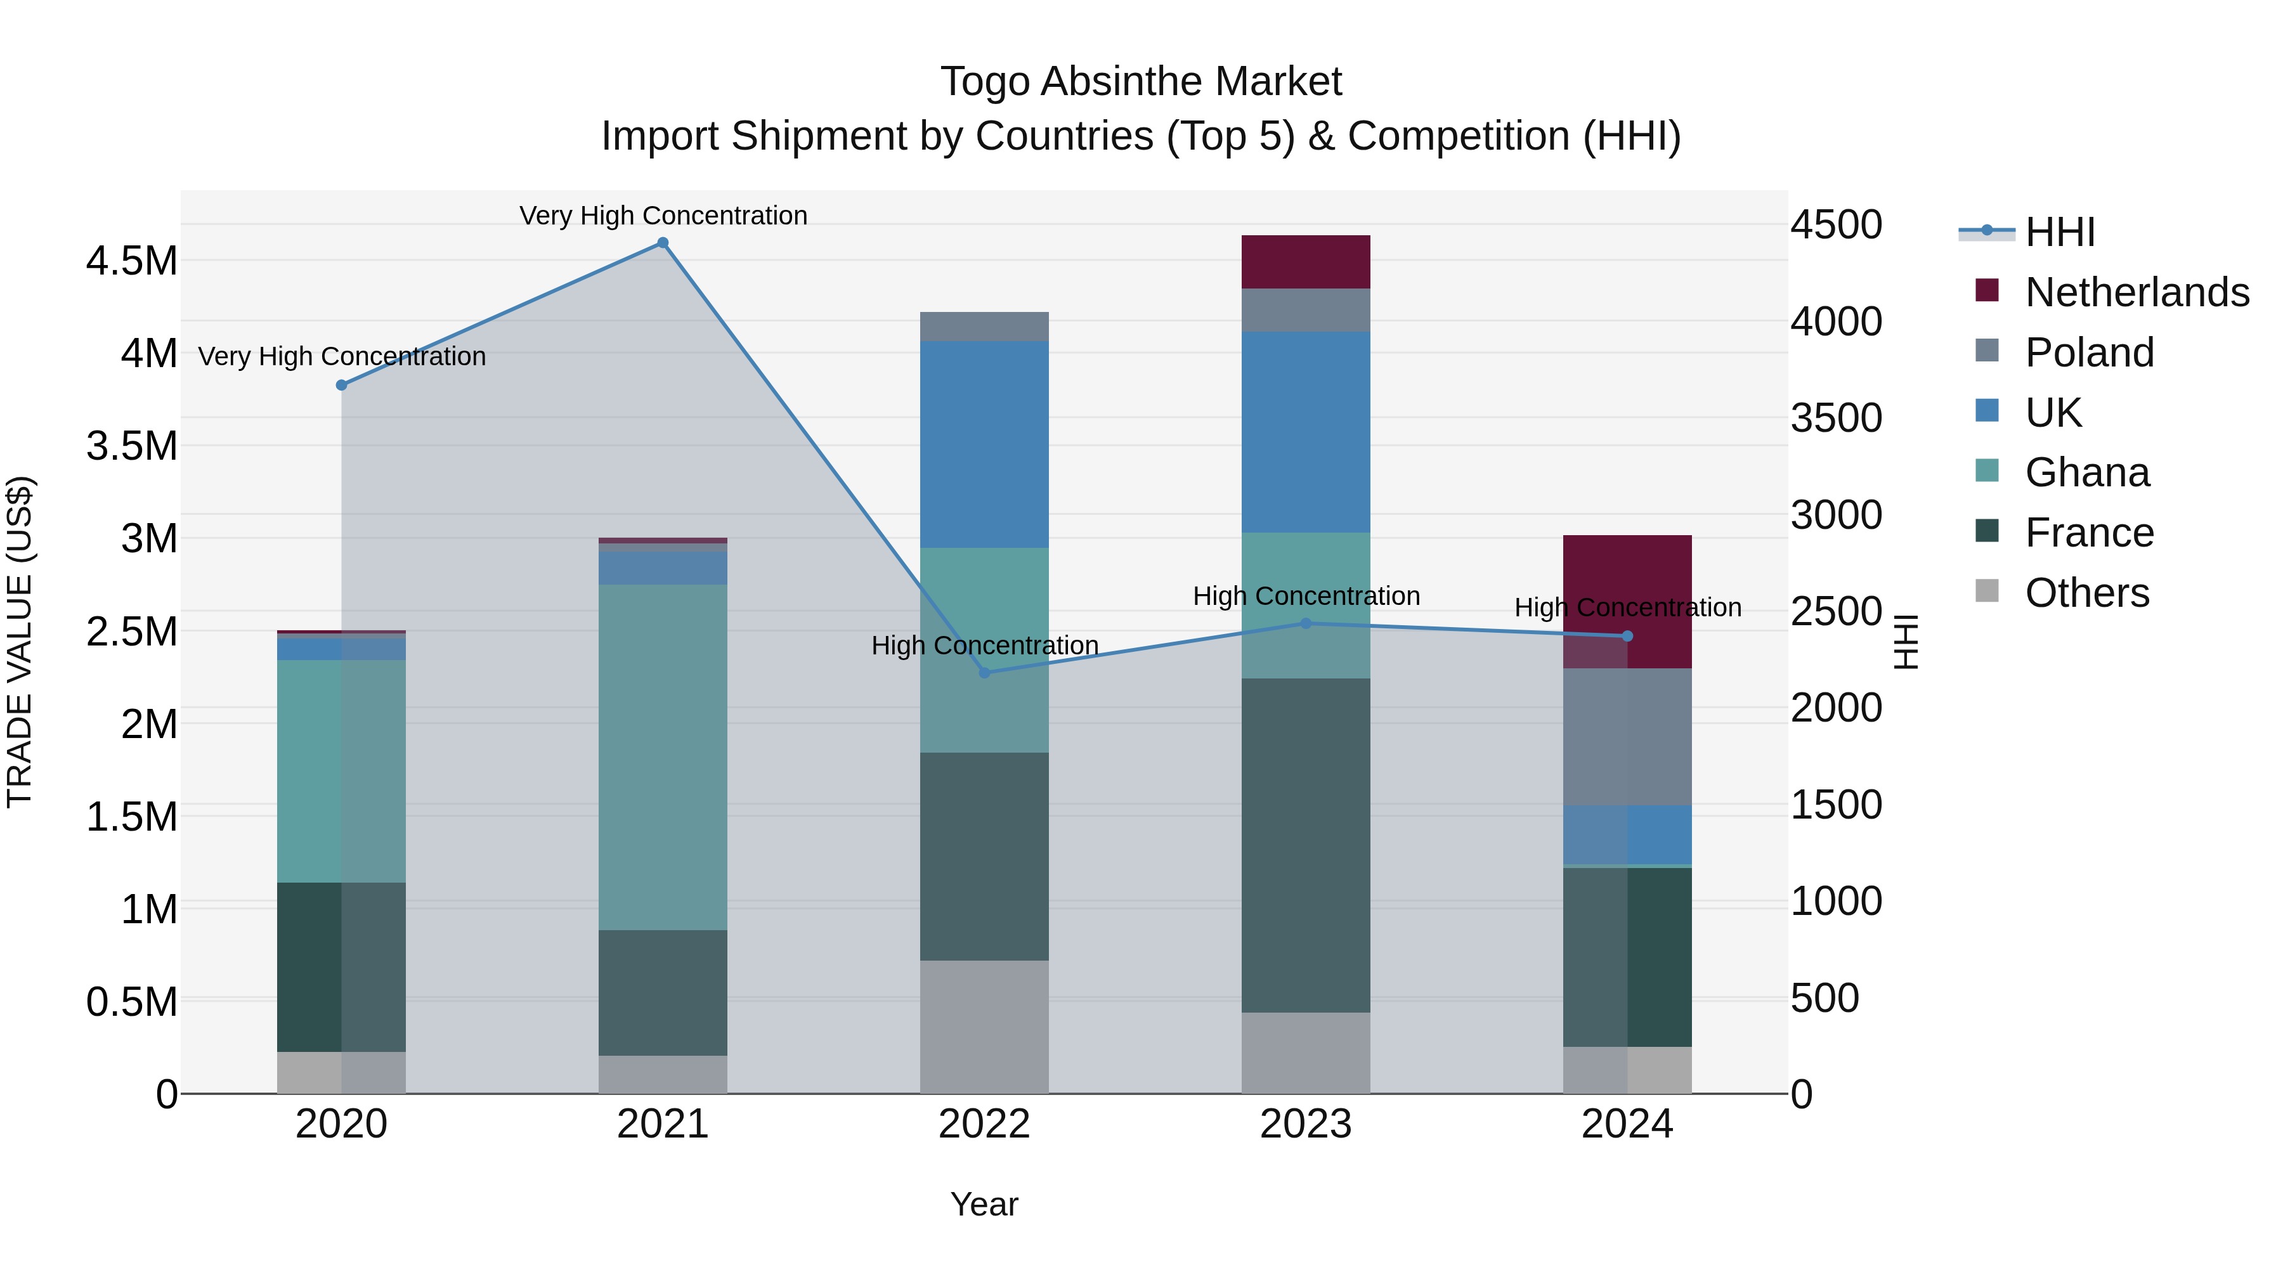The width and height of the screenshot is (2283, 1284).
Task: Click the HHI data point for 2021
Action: [x=663, y=243]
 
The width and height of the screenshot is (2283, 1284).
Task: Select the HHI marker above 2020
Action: [x=341, y=385]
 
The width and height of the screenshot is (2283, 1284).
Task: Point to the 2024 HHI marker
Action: [x=1627, y=636]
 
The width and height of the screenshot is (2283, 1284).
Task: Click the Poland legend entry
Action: [x=2089, y=353]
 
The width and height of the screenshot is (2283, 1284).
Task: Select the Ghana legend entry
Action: [x=2086, y=472]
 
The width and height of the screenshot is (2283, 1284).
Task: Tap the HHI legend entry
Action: [x=2059, y=232]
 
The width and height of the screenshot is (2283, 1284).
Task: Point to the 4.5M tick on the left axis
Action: [x=132, y=261]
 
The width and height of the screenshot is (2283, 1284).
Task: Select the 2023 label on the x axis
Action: [x=1306, y=1124]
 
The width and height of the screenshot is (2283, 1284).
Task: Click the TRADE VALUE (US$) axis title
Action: [x=20, y=642]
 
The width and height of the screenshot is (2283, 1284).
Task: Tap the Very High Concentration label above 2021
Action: [x=663, y=216]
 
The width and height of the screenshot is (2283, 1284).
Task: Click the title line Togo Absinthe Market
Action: [x=1141, y=82]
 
